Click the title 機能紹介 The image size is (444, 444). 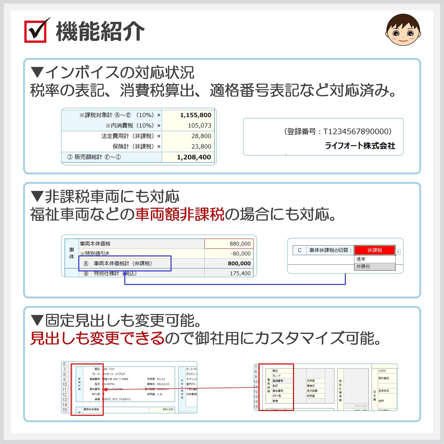[100, 32]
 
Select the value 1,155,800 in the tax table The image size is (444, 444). [195, 115]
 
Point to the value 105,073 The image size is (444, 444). [199, 126]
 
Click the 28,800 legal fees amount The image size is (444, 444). [201, 136]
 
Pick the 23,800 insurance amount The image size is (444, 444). [201, 146]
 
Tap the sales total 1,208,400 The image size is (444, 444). [194, 157]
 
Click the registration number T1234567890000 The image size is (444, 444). [357, 131]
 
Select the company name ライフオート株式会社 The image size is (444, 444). [360, 146]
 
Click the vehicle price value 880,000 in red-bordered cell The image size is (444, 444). [240, 244]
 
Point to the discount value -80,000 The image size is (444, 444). [240, 254]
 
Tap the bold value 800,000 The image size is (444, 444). [239, 264]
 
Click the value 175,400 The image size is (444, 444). [240, 273]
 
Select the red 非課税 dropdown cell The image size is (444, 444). [374, 250]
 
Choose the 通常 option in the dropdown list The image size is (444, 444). [361, 259]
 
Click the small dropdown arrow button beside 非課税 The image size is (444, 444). [398, 252]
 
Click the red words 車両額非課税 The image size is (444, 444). [180, 214]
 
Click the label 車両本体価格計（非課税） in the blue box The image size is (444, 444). [123, 264]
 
